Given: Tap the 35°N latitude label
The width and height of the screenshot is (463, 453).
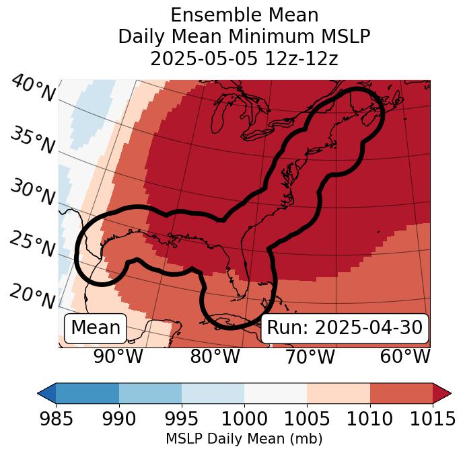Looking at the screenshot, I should [32, 140].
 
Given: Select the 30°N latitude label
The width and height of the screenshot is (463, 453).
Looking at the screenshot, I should [32, 193].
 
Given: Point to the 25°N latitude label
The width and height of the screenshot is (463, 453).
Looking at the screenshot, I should [32, 245].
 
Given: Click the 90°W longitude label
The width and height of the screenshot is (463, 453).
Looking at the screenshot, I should [118, 357].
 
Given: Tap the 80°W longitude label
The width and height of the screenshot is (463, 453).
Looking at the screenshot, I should [215, 357].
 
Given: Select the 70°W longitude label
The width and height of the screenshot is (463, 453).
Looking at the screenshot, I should [310, 357].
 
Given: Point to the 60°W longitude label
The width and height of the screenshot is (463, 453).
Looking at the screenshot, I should [405, 357].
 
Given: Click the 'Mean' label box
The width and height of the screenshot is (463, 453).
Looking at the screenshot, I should [96, 328].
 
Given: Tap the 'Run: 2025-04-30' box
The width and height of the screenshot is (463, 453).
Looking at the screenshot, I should [345, 328].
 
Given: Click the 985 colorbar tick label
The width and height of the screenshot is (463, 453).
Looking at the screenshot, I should [55, 419].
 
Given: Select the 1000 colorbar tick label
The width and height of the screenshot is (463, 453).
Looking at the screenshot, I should [244, 419].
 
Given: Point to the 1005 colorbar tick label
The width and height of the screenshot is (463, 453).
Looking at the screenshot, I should [307, 419].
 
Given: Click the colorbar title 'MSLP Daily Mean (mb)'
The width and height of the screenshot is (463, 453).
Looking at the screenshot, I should [244, 440].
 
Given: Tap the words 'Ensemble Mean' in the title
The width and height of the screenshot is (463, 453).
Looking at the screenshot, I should [244, 15].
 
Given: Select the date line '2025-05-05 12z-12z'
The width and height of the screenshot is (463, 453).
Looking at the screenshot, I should [244, 59].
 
